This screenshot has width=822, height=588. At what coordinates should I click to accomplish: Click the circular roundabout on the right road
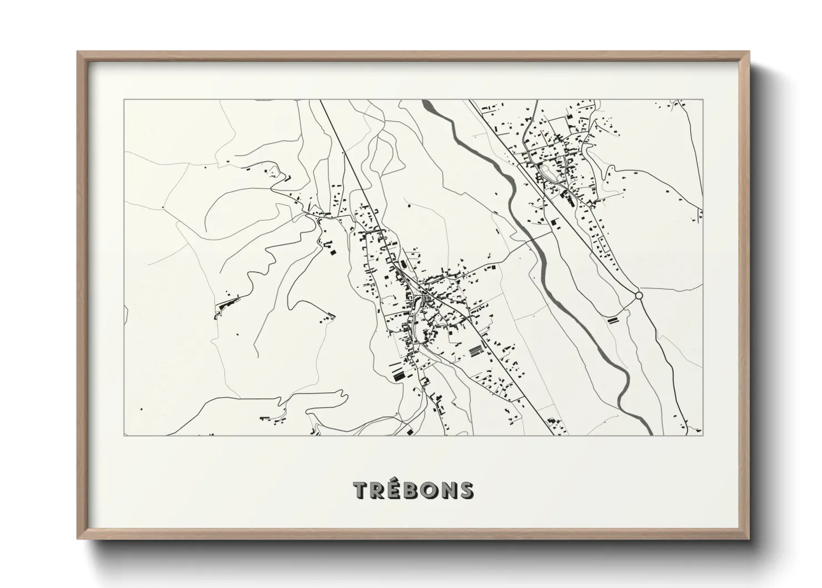[x=639, y=296]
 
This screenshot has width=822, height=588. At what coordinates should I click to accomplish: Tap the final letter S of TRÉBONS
[x=467, y=490]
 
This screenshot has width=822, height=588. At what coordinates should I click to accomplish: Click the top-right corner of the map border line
[x=703, y=100]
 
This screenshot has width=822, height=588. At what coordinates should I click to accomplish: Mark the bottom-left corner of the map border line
[x=123, y=436]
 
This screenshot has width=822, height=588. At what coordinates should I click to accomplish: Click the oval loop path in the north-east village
[x=550, y=172]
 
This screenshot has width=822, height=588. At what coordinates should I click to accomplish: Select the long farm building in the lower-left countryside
[x=226, y=304]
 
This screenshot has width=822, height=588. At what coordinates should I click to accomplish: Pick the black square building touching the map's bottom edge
[x=410, y=432]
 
